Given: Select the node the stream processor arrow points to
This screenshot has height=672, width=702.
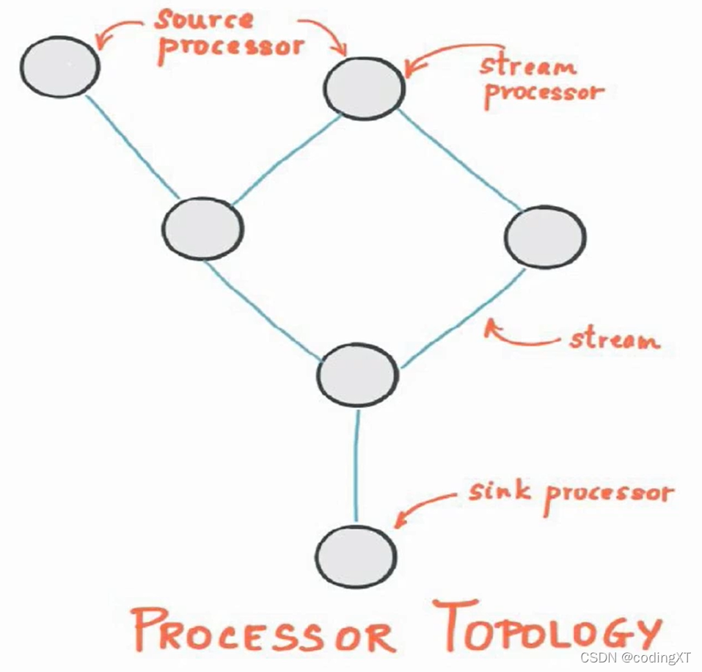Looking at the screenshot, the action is (364, 88).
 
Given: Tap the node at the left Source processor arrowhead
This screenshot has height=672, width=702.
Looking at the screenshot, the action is (59, 66).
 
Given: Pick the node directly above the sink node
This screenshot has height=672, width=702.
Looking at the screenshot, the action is (357, 375).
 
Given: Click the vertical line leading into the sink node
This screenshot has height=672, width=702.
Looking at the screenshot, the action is (357, 466).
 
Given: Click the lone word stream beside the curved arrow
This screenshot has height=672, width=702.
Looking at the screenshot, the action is (614, 340).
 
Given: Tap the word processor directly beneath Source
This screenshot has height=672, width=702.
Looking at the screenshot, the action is (231, 45).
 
